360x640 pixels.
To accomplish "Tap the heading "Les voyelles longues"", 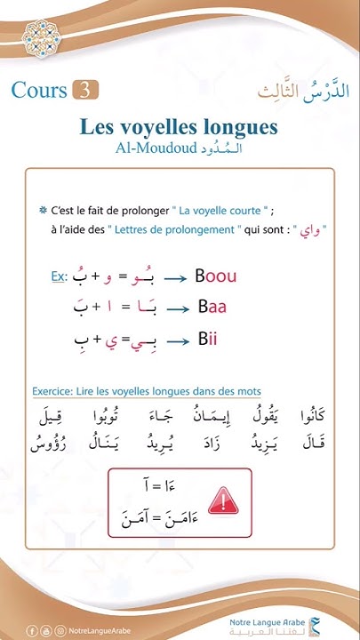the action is [180, 125].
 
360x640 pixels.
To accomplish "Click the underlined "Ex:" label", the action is [60, 277].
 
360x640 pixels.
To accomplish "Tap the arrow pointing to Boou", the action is [175, 278].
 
